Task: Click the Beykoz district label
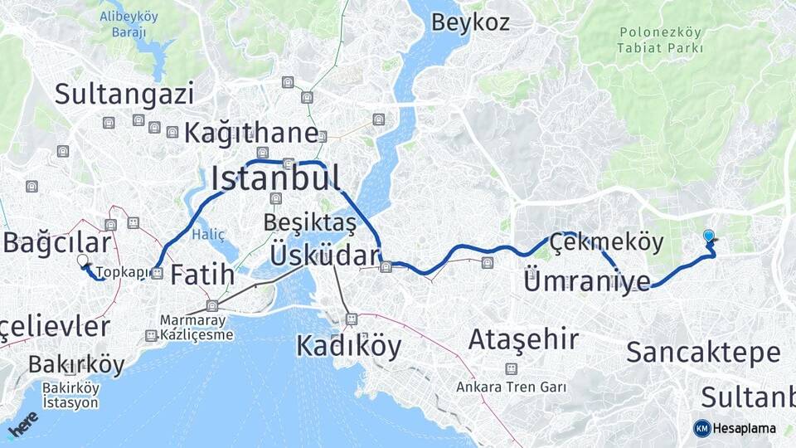click(470, 22)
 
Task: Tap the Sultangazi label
click(124, 94)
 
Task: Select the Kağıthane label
click(251, 133)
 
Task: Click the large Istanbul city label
click(275, 178)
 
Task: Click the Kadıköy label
click(348, 346)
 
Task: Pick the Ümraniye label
click(587, 282)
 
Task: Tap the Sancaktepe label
click(703, 353)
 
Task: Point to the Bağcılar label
click(56, 243)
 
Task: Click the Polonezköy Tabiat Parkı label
click(660, 40)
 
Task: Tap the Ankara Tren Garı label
click(511, 387)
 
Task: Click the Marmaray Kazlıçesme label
click(197, 328)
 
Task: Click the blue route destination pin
click(708, 237)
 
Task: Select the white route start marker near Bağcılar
click(82, 261)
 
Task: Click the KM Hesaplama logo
click(735, 428)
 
